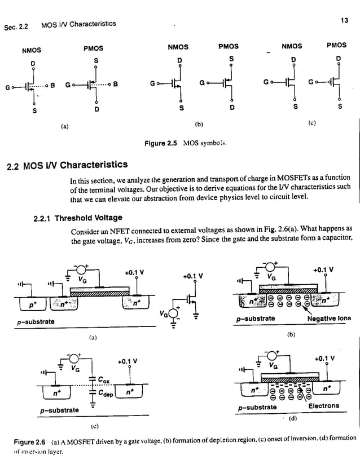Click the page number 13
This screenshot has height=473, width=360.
pos(344,20)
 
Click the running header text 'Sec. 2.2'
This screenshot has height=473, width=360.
pos(19,25)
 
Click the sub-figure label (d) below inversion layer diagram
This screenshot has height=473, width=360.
pos(293,418)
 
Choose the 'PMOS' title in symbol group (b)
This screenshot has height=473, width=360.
pos(228,47)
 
